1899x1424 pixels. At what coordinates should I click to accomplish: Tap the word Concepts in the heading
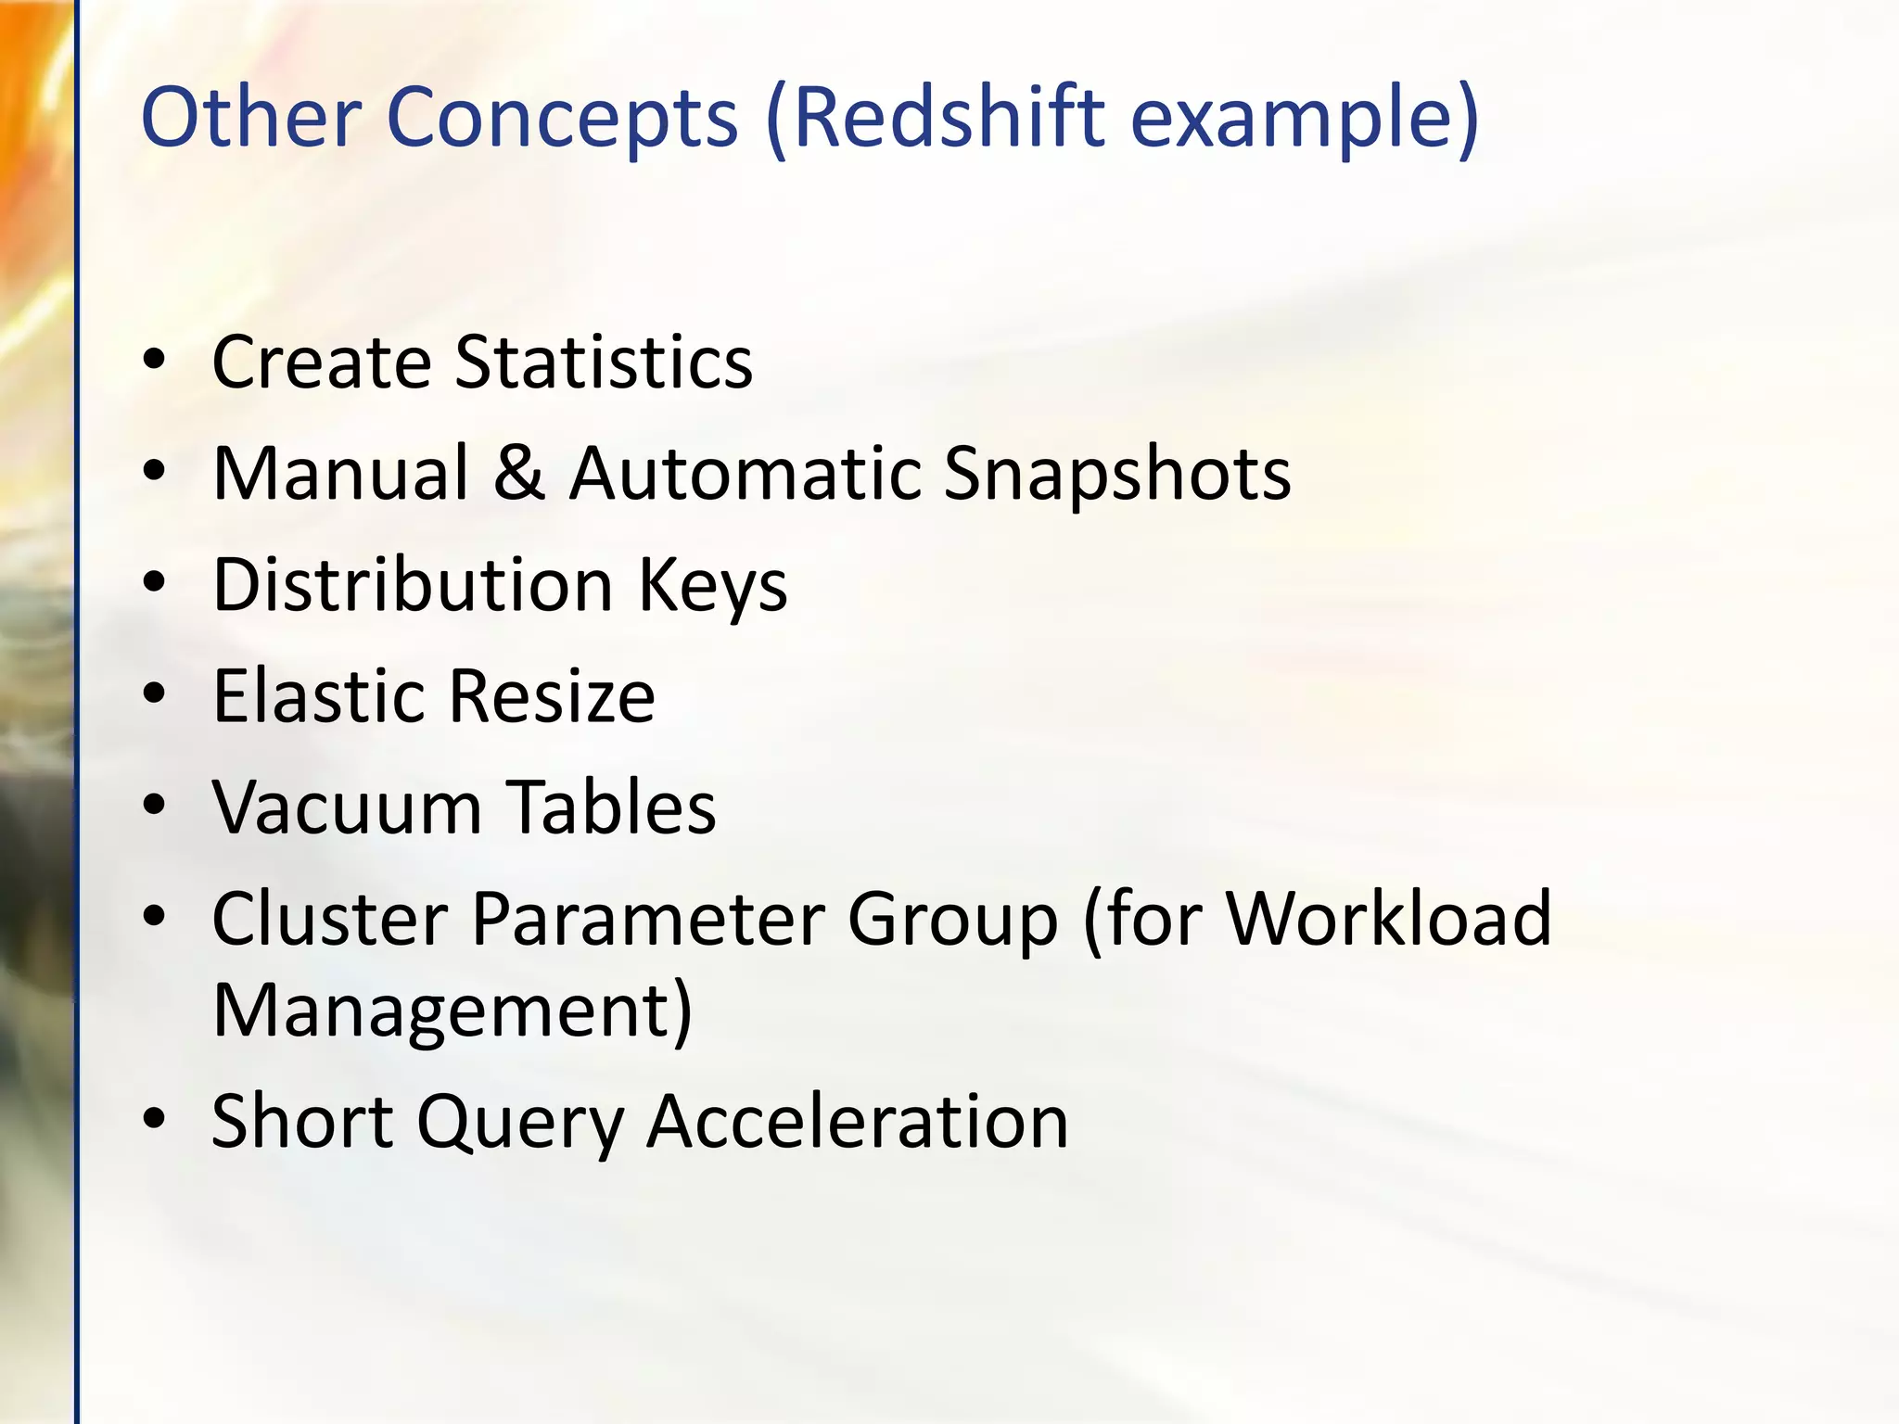(562, 120)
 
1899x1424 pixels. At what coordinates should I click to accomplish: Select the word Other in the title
(250, 118)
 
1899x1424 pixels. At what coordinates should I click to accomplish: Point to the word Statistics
(604, 362)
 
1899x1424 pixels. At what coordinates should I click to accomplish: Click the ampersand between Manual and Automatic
(519, 473)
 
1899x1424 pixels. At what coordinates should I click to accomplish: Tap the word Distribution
(413, 585)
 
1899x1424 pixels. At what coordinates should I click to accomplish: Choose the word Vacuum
(347, 807)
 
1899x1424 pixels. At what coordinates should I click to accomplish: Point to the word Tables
(613, 807)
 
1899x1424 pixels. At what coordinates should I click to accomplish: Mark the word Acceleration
(858, 1123)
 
